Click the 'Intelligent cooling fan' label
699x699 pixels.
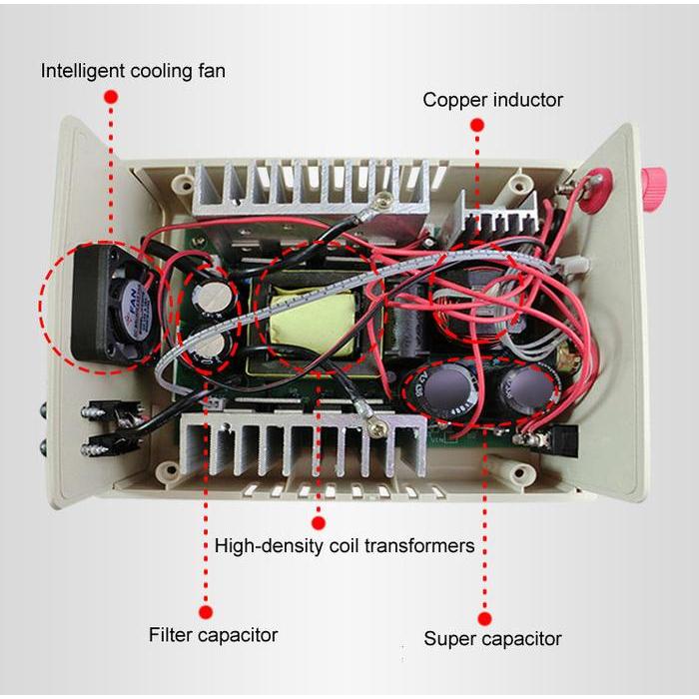(133, 71)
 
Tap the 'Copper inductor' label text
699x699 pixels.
(492, 100)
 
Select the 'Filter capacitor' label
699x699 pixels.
(213, 635)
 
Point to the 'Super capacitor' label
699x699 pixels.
(492, 639)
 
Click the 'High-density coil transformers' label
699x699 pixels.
(345, 546)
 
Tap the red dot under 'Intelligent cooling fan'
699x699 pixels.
(111, 96)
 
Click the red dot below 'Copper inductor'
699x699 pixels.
(477, 125)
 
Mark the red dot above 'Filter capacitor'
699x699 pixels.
(206, 611)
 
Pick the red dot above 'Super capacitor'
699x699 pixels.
(485, 617)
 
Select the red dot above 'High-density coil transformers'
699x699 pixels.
(319, 521)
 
